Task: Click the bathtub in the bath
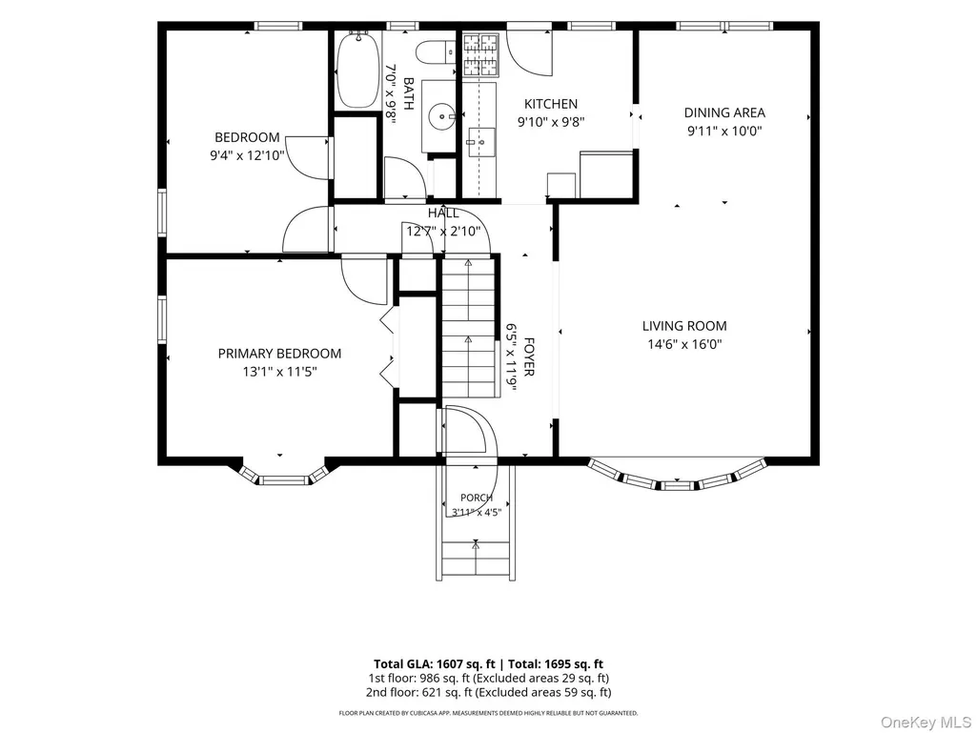tap(357, 70)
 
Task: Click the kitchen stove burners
tap(481, 53)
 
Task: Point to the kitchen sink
tap(481, 142)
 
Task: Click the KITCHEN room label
tap(551, 104)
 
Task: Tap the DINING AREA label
tap(724, 112)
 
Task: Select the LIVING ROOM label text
tap(684, 326)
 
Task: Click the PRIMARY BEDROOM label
tap(280, 354)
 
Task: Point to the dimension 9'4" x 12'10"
tap(247, 155)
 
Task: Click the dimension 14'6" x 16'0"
tap(684, 344)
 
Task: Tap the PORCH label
tap(477, 498)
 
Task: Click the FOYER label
tap(529, 357)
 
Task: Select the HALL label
tap(443, 214)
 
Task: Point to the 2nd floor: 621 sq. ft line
tap(488, 692)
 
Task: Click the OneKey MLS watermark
tap(926, 723)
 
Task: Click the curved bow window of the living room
tap(678, 477)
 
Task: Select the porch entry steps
tap(476, 560)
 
